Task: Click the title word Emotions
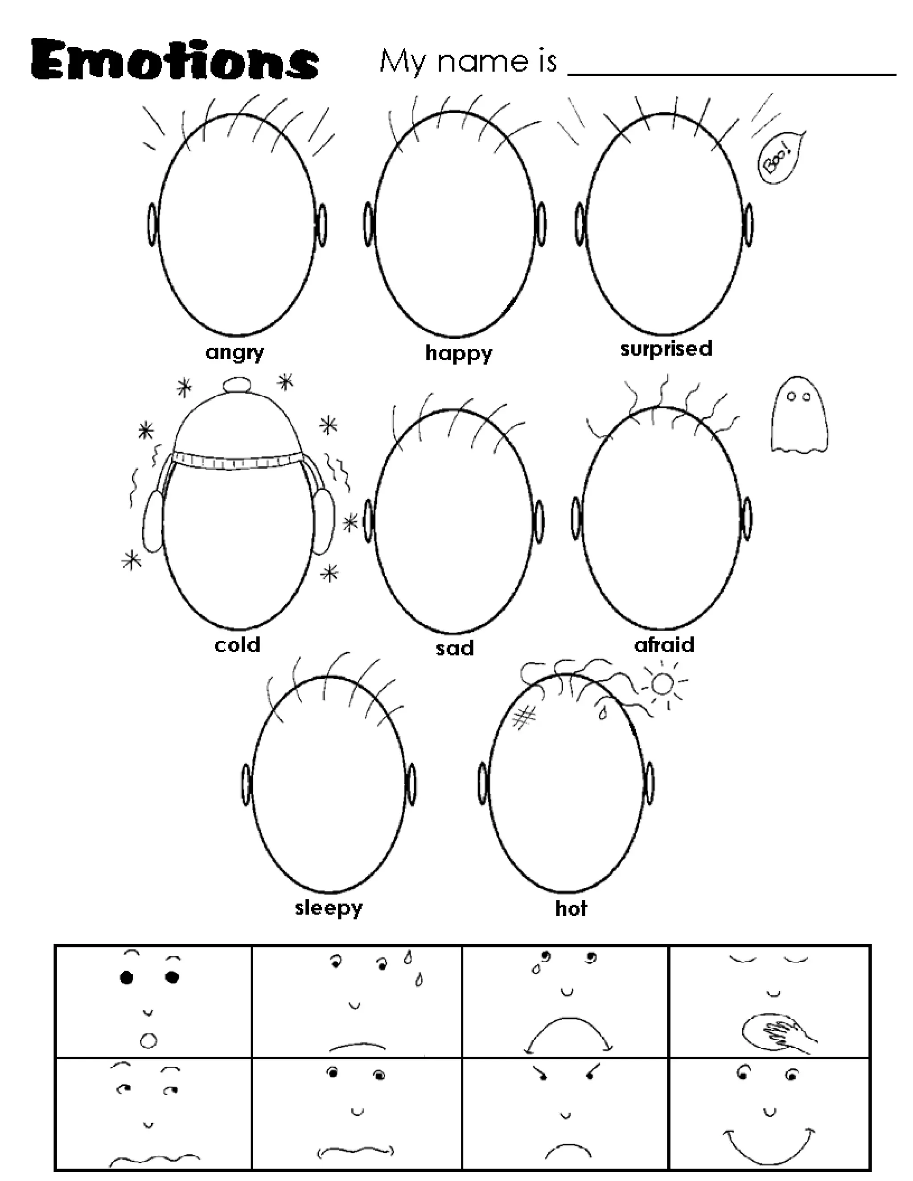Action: [174, 61]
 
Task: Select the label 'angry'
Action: [235, 353]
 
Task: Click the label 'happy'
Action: [459, 354]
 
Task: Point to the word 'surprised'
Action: [666, 349]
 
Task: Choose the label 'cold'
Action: [238, 644]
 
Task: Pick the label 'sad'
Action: [454, 648]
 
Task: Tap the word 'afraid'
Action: [664, 644]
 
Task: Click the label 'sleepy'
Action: [328, 908]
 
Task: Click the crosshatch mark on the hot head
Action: [523, 718]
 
